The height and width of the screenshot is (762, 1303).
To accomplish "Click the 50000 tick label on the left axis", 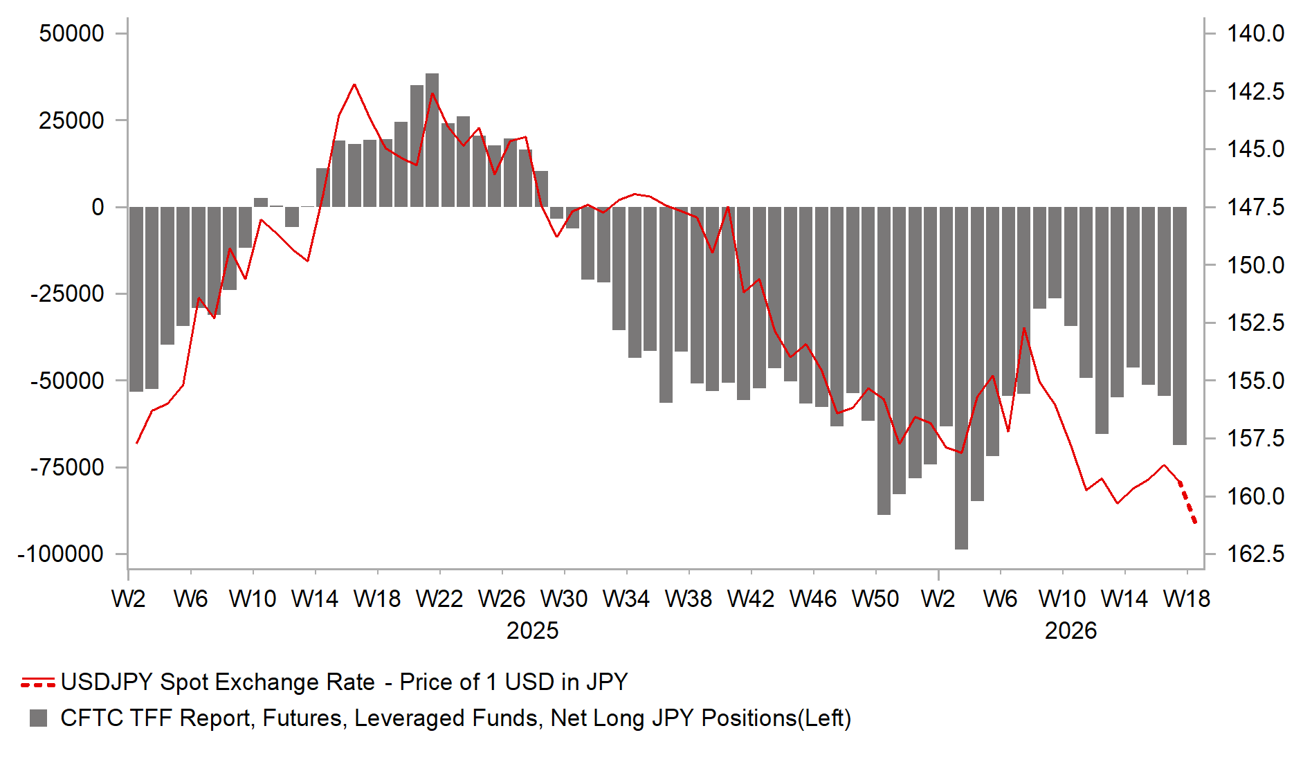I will (x=71, y=33).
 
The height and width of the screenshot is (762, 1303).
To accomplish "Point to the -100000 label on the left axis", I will (x=61, y=554).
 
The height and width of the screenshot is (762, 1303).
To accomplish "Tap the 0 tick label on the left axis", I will (x=98, y=207).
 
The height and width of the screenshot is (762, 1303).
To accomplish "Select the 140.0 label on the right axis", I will (x=1255, y=33).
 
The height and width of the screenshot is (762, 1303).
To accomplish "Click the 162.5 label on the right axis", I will (x=1255, y=554).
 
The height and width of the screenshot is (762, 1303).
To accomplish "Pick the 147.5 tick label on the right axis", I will (x=1255, y=207).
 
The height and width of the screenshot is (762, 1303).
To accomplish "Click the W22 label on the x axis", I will (x=439, y=599).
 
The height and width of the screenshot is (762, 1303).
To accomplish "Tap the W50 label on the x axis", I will (x=875, y=599).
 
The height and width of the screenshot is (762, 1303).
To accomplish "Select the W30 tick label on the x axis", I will (x=564, y=599).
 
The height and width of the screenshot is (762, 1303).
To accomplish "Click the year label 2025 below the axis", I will (x=532, y=631).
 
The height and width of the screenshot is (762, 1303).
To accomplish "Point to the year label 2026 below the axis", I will (x=1070, y=631).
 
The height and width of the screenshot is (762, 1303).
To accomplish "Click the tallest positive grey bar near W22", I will (x=432, y=138).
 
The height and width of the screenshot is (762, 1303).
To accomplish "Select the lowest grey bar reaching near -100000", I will (x=961, y=381).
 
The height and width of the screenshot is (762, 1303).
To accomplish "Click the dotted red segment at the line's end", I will (x=1188, y=504).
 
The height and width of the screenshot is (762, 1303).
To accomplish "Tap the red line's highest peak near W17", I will (x=354, y=85).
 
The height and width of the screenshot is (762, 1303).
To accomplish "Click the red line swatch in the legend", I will (x=38, y=682).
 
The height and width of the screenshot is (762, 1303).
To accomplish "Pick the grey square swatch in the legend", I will (x=39, y=718).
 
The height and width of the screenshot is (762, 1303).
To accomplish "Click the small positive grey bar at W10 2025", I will (x=261, y=203).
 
